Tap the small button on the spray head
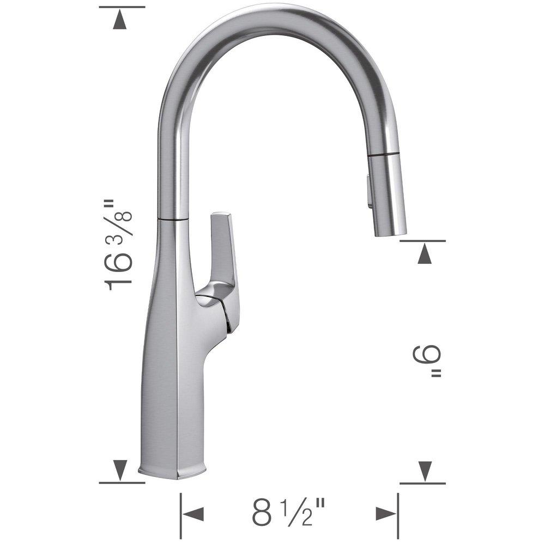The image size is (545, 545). [x=370, y=191]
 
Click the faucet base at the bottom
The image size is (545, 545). [x=173, y=470]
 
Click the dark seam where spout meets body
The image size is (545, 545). [x=173, y=219]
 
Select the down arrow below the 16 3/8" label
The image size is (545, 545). [x=120, y=468]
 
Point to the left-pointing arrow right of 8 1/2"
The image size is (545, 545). [x=385, y=513]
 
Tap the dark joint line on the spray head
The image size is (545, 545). [x=386, y=156]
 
